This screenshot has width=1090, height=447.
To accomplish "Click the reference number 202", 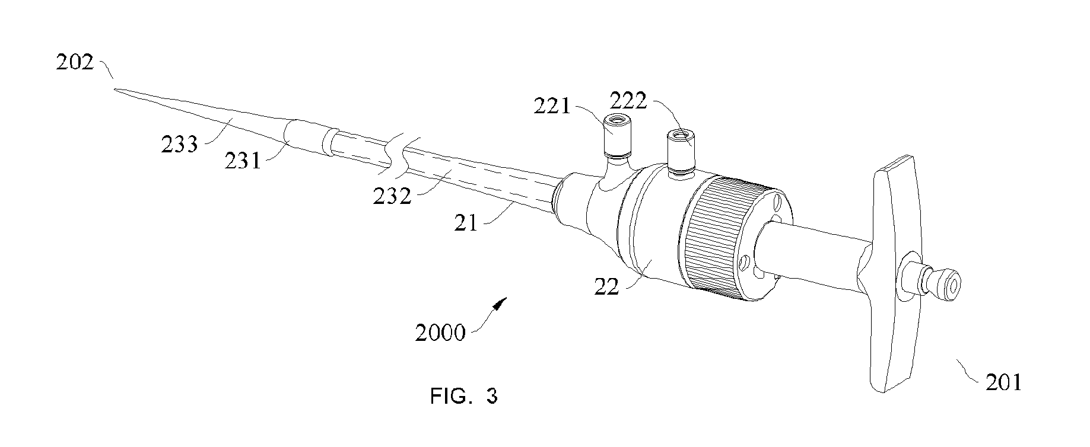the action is (x=75, y=62).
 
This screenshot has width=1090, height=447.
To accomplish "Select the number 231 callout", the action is (x=243, y=160).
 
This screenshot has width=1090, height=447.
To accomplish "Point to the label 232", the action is (x=392, y=196).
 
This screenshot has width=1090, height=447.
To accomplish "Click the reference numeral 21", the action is (x=466, y=222).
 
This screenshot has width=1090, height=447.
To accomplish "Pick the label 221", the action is (x=552, y=107).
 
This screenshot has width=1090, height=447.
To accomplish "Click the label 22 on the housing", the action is (x=607, y=287).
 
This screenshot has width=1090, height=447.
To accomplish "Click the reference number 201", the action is (x=1004, y=382).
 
